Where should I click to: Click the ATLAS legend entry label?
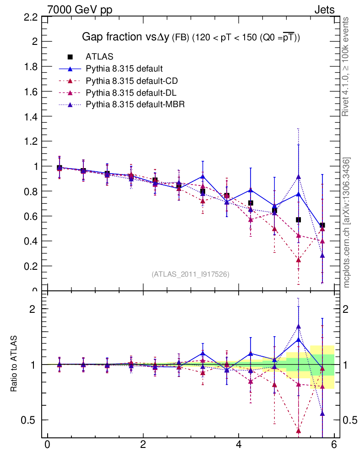pos(99,57)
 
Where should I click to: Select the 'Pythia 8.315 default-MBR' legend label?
pos(136,104)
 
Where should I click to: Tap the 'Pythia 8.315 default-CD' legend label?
pos(132,81)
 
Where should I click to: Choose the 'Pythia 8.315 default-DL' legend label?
pos(131,93)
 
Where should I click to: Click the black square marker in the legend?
pos(70,57)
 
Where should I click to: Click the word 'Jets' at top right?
pos(324,10)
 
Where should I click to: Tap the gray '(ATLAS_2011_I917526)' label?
pos(190,274)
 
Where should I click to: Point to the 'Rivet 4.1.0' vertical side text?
pos(346,66)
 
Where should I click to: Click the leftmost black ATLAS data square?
pos(59,168)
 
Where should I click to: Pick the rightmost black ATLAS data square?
pos(322,225)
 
